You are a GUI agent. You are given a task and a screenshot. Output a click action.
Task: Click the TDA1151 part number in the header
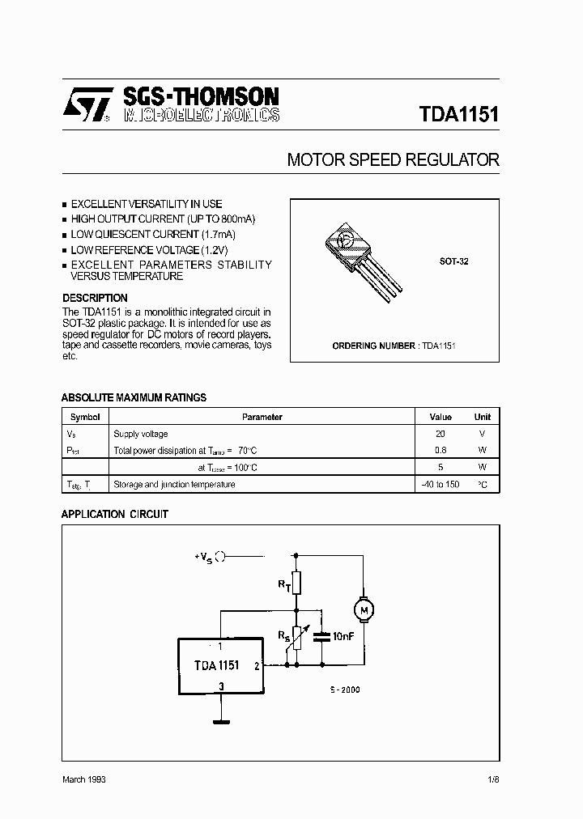458,114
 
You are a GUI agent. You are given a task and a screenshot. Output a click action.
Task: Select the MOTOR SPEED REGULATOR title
393,160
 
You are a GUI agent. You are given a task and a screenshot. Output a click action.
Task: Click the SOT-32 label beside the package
453,262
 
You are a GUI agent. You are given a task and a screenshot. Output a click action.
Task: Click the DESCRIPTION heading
95,298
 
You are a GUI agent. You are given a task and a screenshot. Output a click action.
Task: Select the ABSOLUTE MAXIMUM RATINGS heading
134,397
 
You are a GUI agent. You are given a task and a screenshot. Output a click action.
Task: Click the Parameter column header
262,417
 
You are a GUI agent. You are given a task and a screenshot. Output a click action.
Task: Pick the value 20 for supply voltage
440,434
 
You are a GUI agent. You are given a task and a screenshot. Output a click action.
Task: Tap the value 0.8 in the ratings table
440,451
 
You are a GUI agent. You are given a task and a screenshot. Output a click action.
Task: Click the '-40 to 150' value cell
440,485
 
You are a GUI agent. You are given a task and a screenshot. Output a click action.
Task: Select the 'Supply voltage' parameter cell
141,434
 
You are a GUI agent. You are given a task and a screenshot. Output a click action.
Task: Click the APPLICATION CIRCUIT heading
115,514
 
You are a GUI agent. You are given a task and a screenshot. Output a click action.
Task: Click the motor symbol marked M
364,609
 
